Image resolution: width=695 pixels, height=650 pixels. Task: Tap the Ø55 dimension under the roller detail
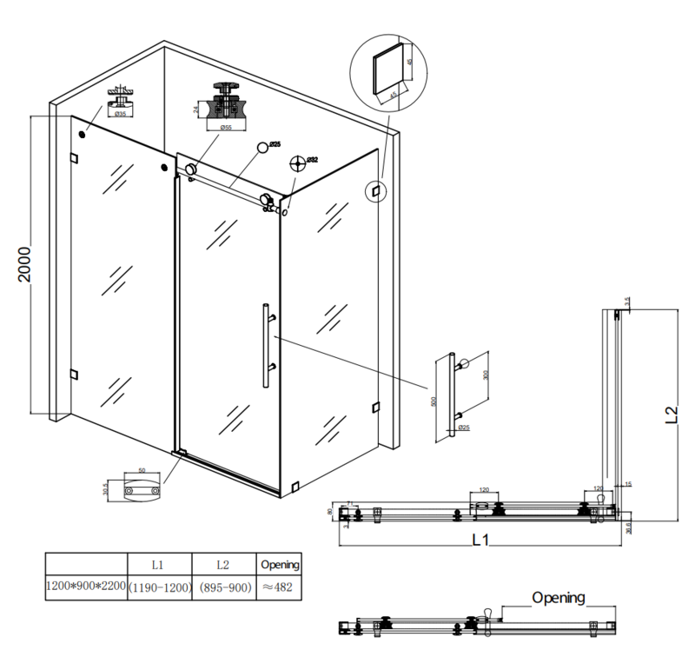(x=226, y=128)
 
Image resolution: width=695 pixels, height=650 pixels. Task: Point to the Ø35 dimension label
(x=120, y=114)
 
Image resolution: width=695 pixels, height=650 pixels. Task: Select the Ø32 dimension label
(x=313, y=160)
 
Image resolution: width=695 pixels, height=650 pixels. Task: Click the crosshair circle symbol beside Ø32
(x=299, y=162)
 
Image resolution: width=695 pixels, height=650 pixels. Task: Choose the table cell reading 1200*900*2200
(x=85, y=588)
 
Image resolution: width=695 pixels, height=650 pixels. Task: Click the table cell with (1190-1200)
(x=159, y=588)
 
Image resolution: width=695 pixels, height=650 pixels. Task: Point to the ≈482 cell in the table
(x=280, y=588)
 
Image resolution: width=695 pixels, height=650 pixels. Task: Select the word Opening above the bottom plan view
(x=558, y=598)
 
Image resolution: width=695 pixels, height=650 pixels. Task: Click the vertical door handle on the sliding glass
(x=263, y=344)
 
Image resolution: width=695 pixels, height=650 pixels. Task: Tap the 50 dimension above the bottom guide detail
(x=141, y=470)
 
